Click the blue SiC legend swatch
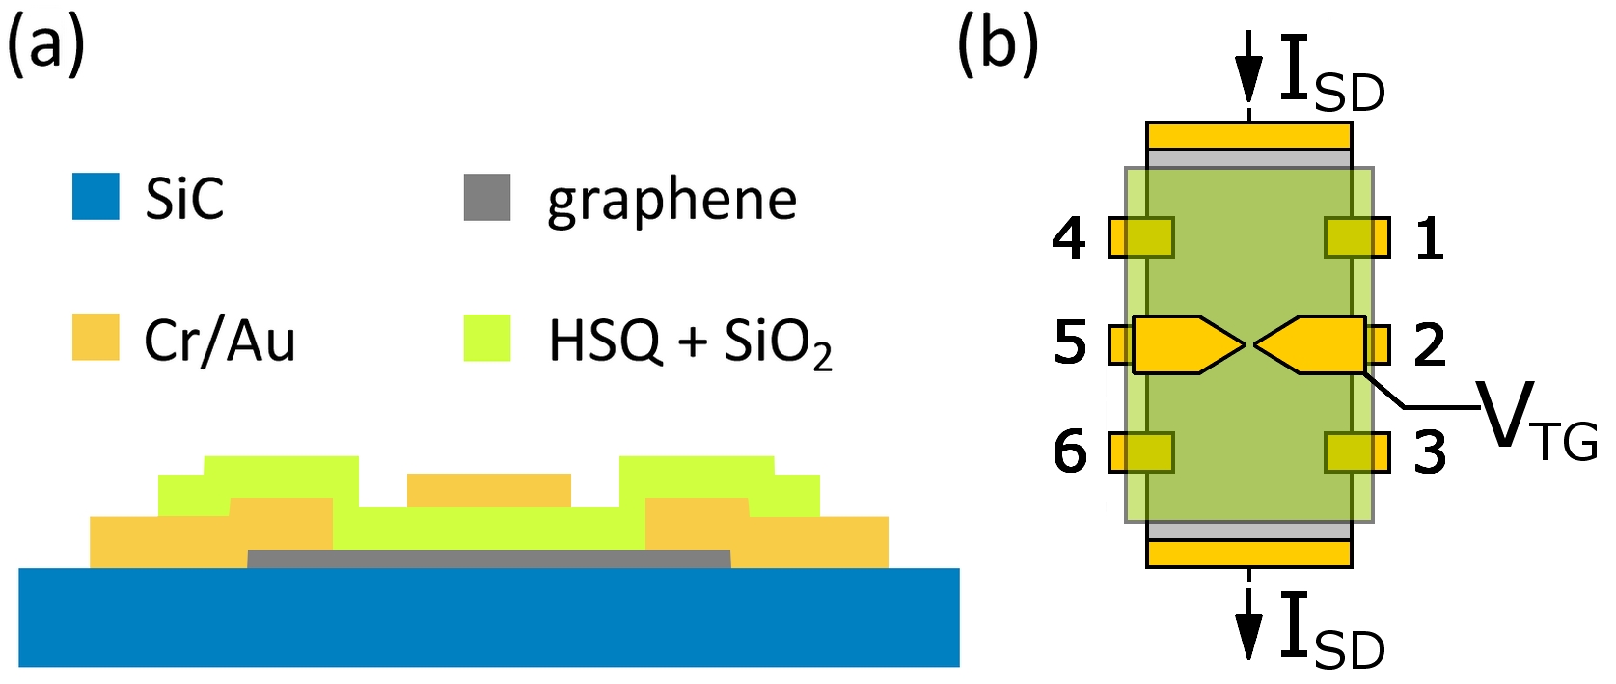coord(96,197)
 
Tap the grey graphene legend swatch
coord(487,197)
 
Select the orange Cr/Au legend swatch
coord(96,337)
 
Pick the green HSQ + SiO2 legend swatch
coord(487,337)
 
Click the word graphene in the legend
coord(671,201)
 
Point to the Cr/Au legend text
coord(219,341)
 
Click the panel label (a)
coord(45,45)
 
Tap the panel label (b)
coord(998,45)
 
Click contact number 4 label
coord(1069,237)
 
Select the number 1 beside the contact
coord(1430,237)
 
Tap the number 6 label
coord(1070,451)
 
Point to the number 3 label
coord(1430,451)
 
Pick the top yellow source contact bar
coord(1249,135)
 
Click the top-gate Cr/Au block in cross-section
coord(489,490)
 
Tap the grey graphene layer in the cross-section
coord(489,560)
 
